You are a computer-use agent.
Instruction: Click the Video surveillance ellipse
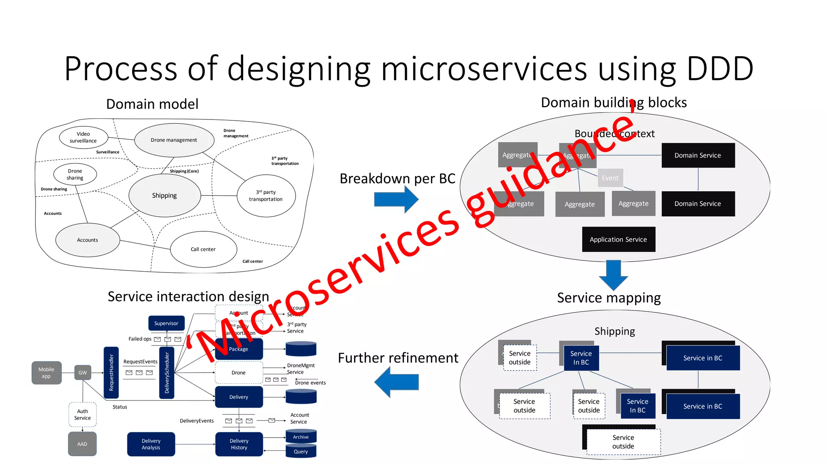[x=84, y=138]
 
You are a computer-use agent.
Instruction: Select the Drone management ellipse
[x=174, y=140]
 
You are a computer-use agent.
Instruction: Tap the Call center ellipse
[x=203, y=249]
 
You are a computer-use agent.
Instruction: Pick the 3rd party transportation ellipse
[x=266, y=196]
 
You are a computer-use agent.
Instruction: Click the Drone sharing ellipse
[x=75, y=174]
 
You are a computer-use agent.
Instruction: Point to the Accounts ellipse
[x=88, y=240]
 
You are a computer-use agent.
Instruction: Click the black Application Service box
[x=618, y=239]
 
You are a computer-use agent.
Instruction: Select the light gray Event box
[x=610, y=178]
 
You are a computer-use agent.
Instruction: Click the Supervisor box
[x=166, y=323]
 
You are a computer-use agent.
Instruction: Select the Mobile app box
[x=46, y=373]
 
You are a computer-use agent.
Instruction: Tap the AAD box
[x=82, y=444]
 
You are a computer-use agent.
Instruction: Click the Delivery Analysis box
[x=151, y=444]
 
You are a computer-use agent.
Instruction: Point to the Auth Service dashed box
[x=82, y=415]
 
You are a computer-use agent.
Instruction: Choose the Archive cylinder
[x=301, y=437]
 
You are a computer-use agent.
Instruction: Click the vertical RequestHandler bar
[x=111, y=373]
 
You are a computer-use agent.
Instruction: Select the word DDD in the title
[x=720, y=69]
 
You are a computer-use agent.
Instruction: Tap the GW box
[x=83, y=373]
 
